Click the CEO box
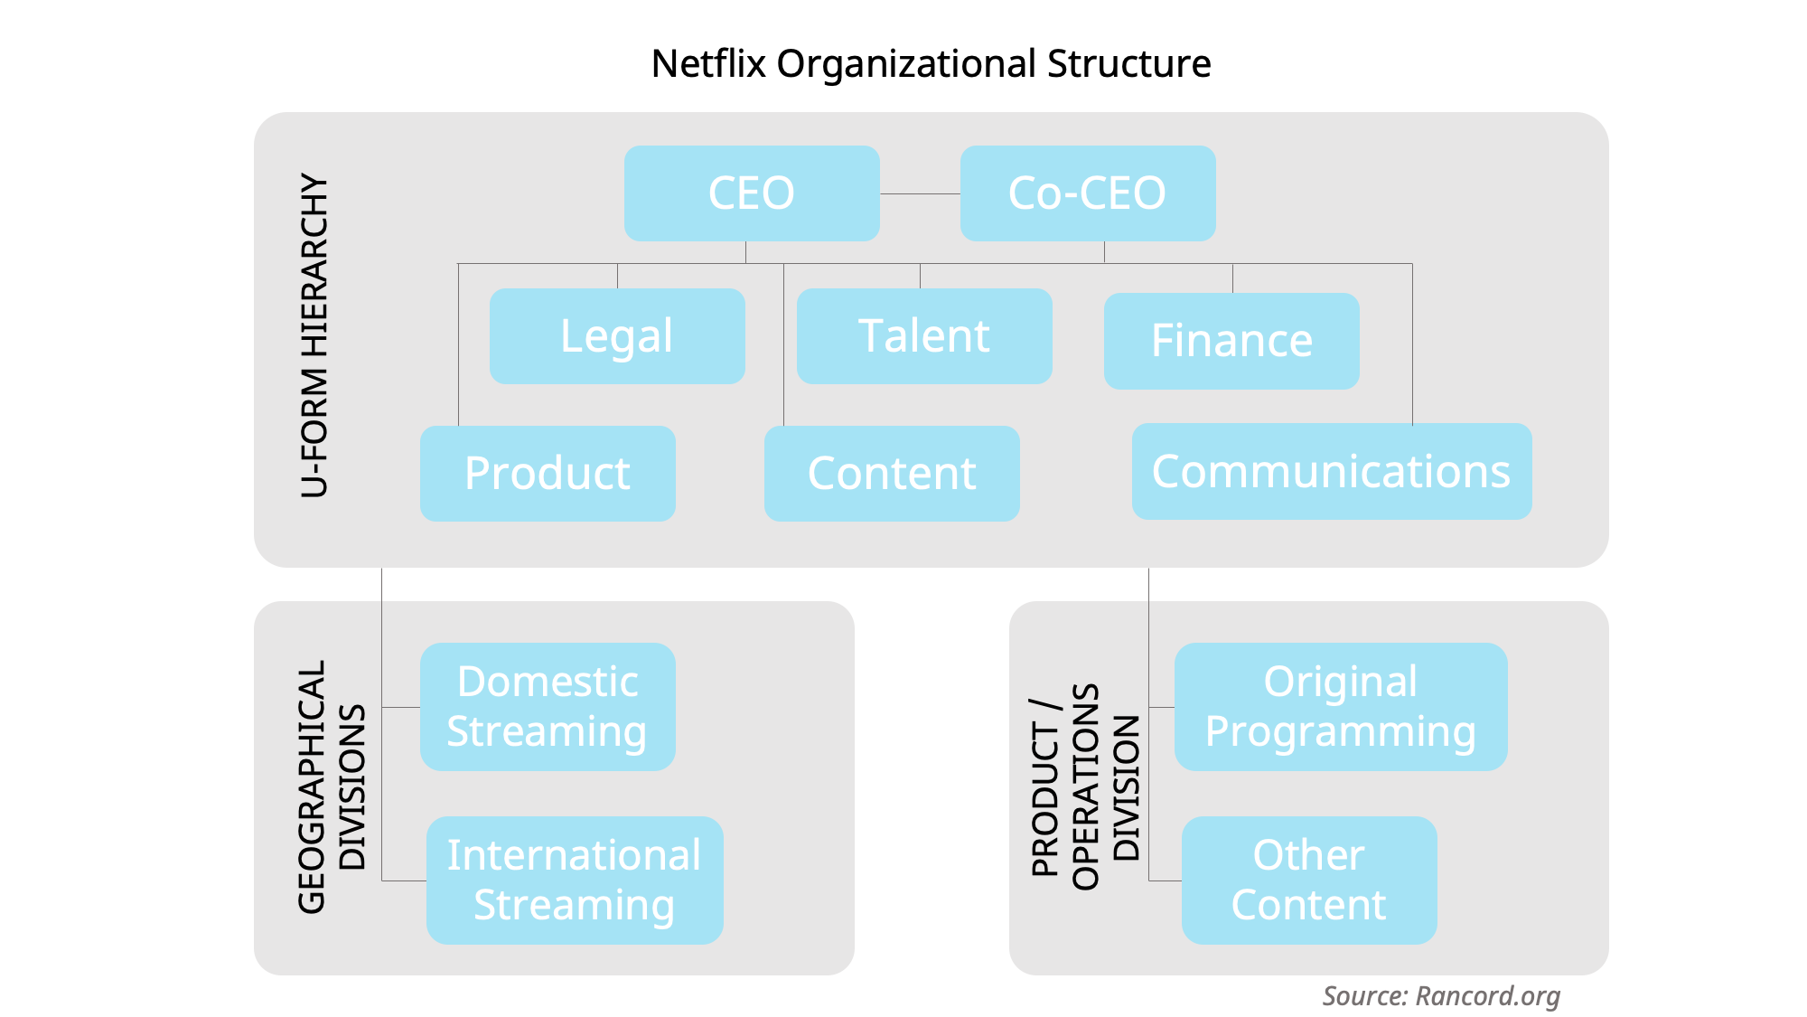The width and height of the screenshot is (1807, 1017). click(x=751, y=193)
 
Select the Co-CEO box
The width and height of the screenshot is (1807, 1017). click(x=1087, y=193)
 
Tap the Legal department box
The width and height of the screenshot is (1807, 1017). click(x=617, y=336)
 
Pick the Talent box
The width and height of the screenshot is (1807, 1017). click(x=923, y=336)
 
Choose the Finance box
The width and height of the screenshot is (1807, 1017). click(x=1231, y=341)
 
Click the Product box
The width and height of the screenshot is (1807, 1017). click(x=548, y=474)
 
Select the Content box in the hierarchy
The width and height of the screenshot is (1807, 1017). click(x=892, y=474)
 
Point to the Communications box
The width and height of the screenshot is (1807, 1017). click(x=1331, y=472)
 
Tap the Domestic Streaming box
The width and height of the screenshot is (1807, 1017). click(x=548, y=707)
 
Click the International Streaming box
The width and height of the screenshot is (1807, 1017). click(x=575, y=880)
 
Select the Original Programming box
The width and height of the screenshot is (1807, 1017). click(x=1340, y=707)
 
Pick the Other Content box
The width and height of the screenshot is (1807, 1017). click(x=1308, y=880)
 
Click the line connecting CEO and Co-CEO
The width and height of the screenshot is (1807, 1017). click(x=920, y=193)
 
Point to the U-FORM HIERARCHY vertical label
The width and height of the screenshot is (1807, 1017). click(x=314, y=335)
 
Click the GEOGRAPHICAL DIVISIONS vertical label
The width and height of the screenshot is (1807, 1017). click(x=332, y=786)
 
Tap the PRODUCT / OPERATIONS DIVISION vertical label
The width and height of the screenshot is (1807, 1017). click(x=1085, y=786)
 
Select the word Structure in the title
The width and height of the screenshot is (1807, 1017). click(x=1128, y=64)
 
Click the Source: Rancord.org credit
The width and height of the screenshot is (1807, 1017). click(x=1441, y=996)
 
